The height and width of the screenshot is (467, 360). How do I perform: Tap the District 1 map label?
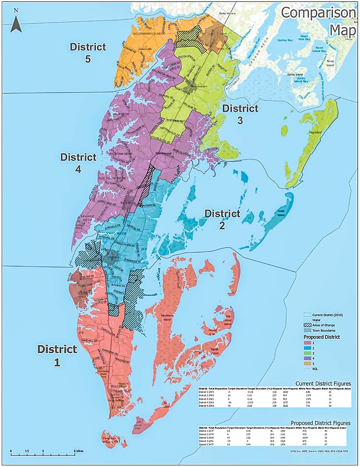pyautogui.click(x=57, y=356)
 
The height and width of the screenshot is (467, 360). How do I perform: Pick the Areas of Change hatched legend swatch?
pyautogui.click(x=309, y=325)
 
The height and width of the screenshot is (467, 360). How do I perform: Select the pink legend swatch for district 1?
pyautogui.click(x=309, y=343)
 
